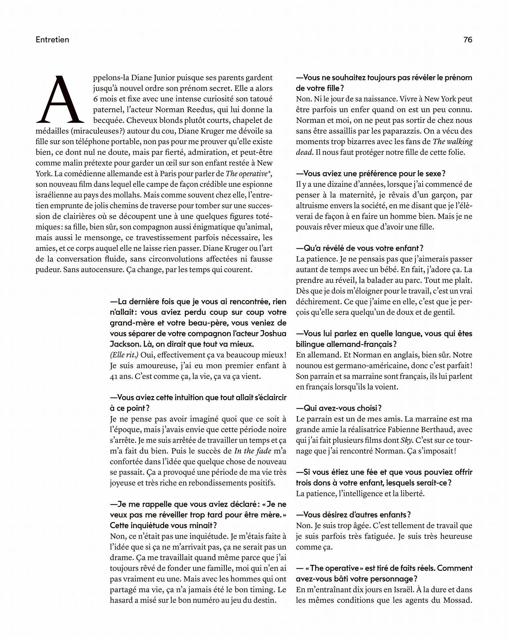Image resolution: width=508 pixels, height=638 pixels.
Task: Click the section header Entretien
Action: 52,40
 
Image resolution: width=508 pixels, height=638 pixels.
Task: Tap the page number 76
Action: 468,40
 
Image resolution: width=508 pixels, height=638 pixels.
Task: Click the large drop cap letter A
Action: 60,99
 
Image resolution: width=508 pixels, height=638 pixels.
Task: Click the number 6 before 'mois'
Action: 96,99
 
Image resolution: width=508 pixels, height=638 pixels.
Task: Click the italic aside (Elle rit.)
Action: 124,355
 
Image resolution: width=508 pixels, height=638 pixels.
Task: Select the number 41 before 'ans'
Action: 114,376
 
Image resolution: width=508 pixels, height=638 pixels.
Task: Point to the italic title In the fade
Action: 253,451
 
